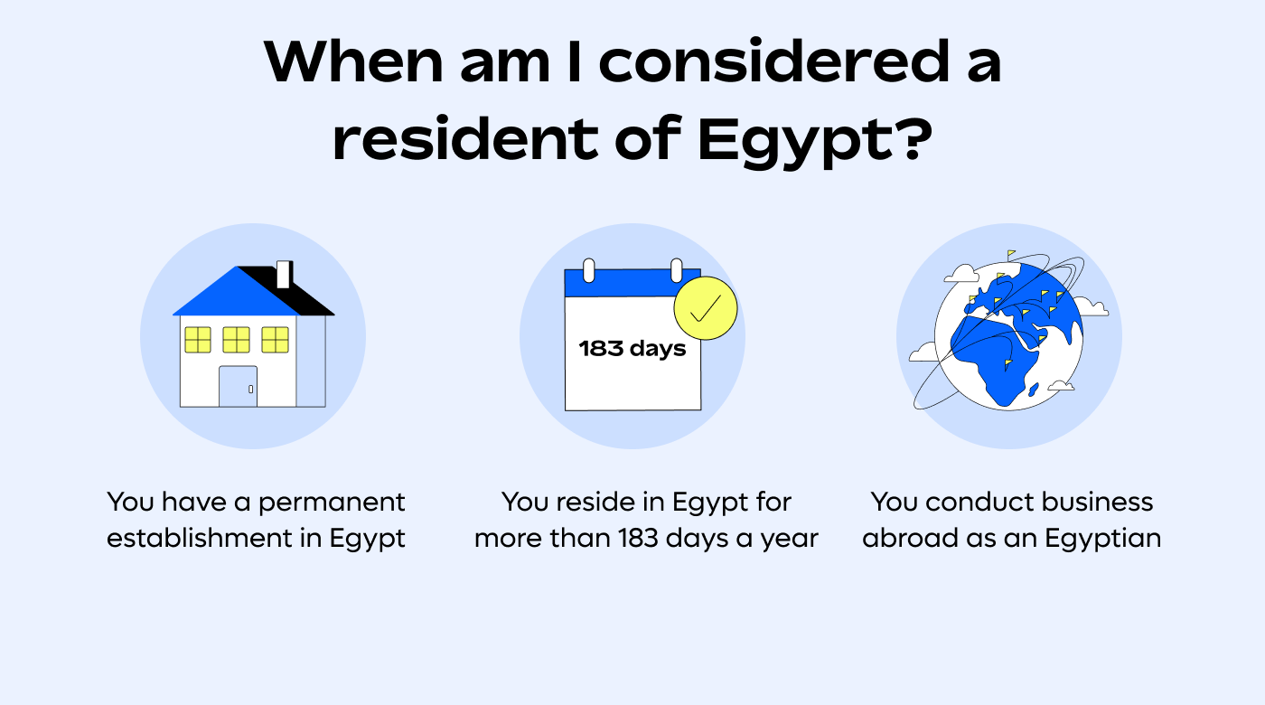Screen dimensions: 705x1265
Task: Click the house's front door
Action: [x=238, y=386]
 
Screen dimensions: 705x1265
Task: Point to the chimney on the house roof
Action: [x=283, y=274]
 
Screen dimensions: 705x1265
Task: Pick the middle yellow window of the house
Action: [x=236, y=340]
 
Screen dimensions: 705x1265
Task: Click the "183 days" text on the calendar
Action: [x=632, y=348]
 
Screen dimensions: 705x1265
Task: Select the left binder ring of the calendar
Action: [x=588, y=269]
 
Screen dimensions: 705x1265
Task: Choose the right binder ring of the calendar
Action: [x=675, y=269]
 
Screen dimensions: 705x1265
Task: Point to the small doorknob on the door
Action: [x=250, y=389]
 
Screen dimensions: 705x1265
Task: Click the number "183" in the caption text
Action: [x=643, y=539]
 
